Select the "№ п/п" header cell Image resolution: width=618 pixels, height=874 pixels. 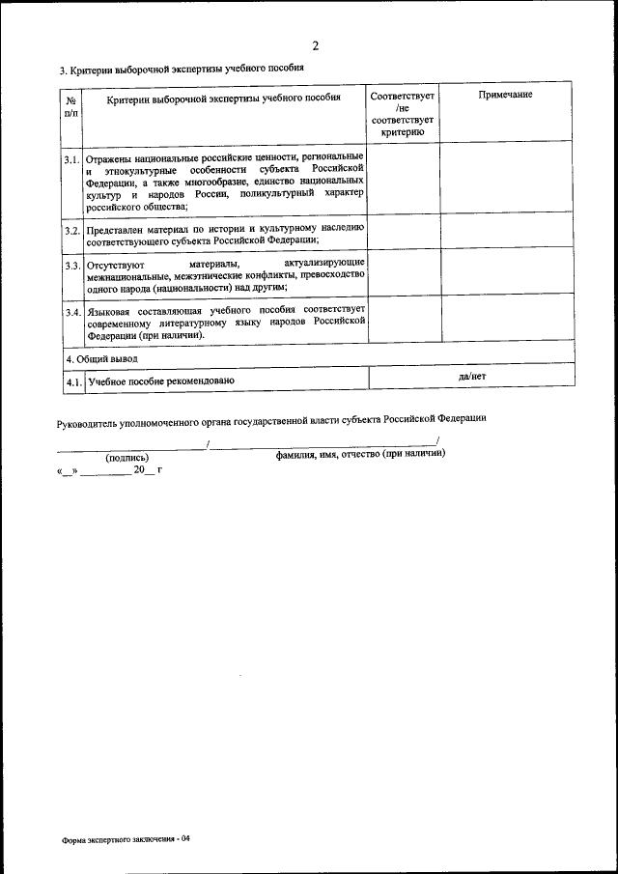pyautogui.click(x=70, y=106)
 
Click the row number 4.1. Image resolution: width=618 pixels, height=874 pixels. pyautogui.click(x=71, y=382)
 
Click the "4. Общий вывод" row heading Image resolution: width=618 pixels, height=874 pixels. pyautogui.click(x=101, y=358)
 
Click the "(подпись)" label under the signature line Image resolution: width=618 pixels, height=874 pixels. pyautogui.click(x=126, y=458)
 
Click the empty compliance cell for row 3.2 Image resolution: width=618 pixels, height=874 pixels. pyautogui.click(x=404, y=232)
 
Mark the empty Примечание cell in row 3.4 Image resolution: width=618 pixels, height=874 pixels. pyautogui.click(x=506, y=319)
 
